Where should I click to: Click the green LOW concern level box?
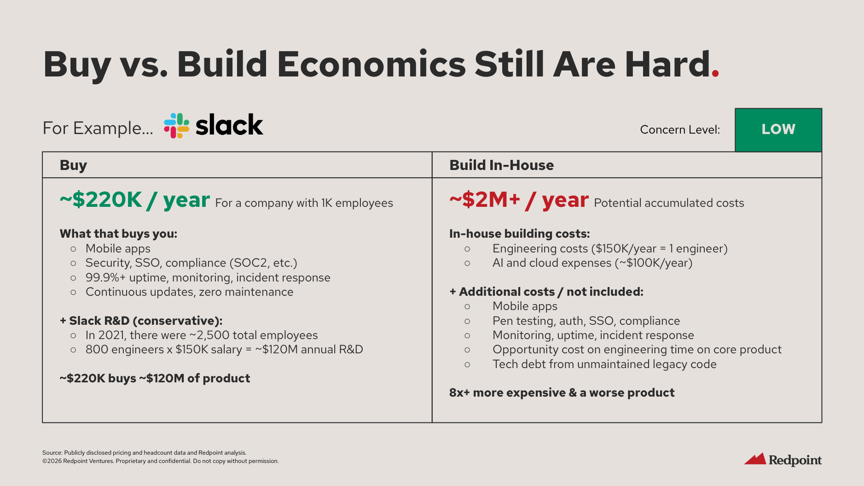tap(778, 130)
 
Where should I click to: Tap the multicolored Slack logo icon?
tap(176, 126)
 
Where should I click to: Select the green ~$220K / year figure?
tap(135, 200)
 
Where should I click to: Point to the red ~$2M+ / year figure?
tap(519, 200)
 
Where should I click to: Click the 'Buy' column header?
tap(73, 165)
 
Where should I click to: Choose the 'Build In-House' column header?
tap(502, 165)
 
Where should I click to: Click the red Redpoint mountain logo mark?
tap(755, 459)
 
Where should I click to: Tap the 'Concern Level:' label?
tap(680, 130)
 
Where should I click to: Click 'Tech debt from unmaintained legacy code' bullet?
tap(604, 364)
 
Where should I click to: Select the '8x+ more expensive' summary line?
tap(562, 393)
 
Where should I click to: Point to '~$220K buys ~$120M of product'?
tap(155, 378)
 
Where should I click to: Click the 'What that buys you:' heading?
tap(118, 234)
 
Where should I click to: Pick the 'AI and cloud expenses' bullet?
tap(592, 263)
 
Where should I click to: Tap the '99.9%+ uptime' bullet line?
tap(208, 278)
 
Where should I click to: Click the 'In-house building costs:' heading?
tap(520, 234)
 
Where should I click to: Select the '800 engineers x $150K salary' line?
tap(224, 350)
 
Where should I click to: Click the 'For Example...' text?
tap(98, 128)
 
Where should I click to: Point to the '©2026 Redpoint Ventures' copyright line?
tap(161, 461)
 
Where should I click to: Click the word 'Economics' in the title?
tap(372, 64)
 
